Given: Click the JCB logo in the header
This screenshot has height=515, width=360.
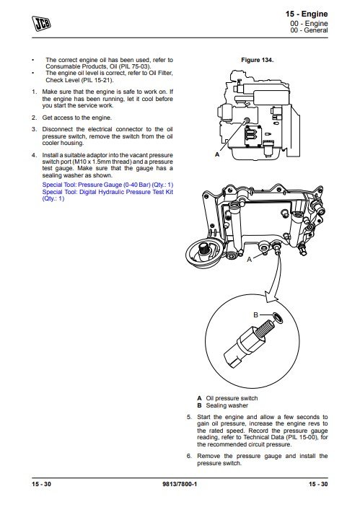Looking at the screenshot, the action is pos(42,24).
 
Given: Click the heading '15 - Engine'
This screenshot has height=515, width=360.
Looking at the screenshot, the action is pos(307,14).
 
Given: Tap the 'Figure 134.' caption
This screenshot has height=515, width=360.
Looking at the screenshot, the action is pos(257,60).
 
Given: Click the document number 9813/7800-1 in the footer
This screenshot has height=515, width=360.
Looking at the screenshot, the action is pos(180,484).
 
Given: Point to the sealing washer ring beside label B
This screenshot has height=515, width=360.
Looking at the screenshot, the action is pos(278,317).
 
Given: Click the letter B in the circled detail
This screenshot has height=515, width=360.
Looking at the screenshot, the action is pos(255,315).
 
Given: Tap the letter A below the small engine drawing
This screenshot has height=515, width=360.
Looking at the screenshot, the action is pos(217,154).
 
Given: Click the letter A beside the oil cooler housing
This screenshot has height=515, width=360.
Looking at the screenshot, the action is pos(250,260).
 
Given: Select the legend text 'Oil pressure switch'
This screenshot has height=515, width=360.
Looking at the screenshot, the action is pos(232,398).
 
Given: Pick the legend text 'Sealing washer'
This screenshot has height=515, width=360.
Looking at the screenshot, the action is pos(227,405).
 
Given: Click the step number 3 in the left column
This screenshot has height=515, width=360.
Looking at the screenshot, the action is pos(34,129).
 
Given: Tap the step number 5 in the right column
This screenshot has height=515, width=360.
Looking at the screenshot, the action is pos(189,417).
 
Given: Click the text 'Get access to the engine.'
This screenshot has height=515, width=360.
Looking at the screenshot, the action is pos(77,118).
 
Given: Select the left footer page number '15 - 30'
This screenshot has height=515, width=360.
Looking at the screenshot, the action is pos(41,484).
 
